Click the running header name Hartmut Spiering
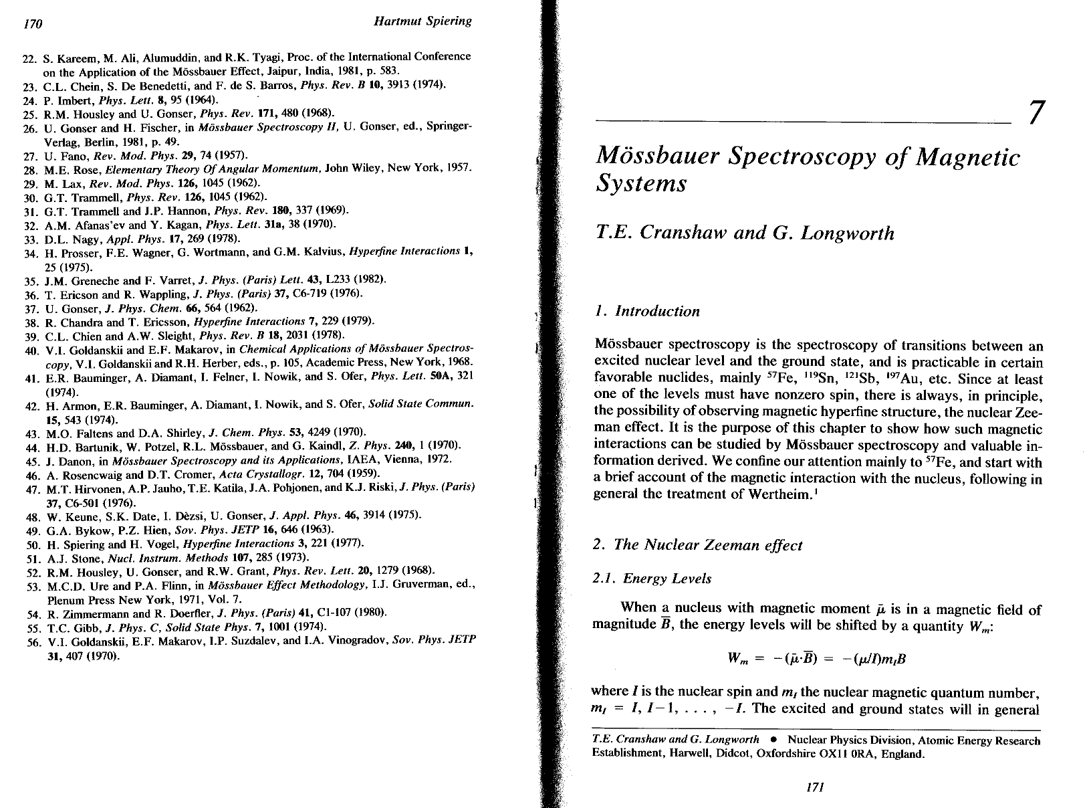[422, 21]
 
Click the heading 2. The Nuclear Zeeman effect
[697, 545]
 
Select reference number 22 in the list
[29, 58]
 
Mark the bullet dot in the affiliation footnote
[772, 740]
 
